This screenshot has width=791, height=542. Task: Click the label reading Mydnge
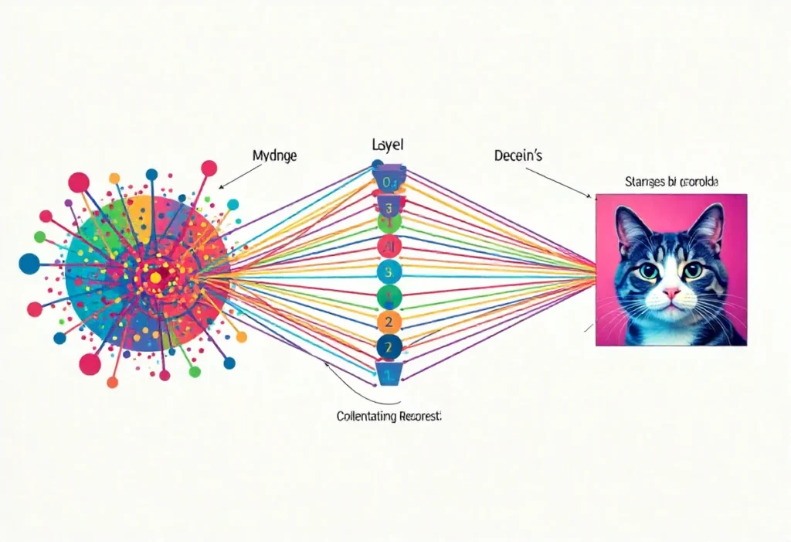[275, 155]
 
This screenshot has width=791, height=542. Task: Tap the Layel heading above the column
[388, 145]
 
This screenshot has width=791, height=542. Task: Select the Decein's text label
[518, 155]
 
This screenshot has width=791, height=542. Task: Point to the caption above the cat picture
[670, 182]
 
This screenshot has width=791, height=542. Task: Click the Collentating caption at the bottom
[389, 416]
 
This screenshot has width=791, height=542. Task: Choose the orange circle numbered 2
[389, 322]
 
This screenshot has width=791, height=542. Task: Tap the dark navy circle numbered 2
[389, 347]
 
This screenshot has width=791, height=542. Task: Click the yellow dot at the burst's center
[154, 276]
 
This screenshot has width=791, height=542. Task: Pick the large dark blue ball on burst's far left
[29, 263]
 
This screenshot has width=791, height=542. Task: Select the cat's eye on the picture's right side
[693, 270]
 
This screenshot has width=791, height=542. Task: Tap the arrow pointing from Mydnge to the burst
[236, 177]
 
